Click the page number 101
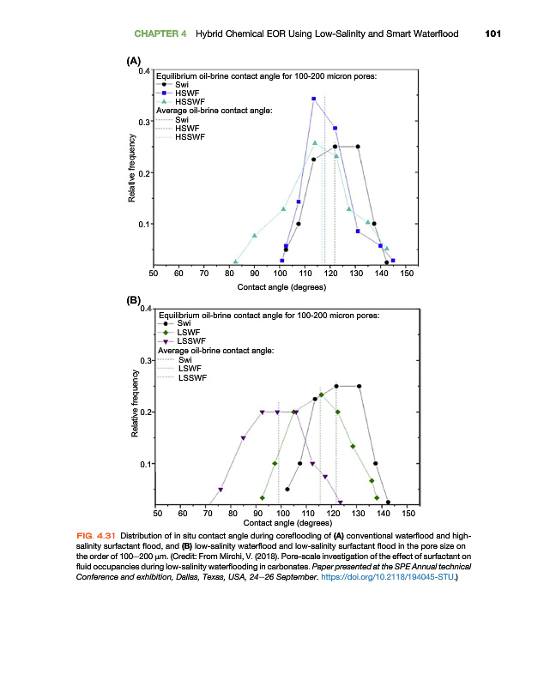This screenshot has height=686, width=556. click(x=492, y=34)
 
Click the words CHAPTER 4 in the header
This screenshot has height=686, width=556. click(x=160, y=34)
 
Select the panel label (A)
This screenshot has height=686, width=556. click(x=133, y=61)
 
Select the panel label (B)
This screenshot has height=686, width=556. click(x=133, y=301)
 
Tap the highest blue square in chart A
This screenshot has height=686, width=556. click(x=314, y=99)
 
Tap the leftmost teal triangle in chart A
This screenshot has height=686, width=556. click(x=235, y=262)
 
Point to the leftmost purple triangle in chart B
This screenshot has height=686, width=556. click(x=221, y=490)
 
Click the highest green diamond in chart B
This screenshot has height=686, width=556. click(x=321, y=395)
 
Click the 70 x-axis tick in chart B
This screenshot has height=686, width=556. click(x=208, y=513)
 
